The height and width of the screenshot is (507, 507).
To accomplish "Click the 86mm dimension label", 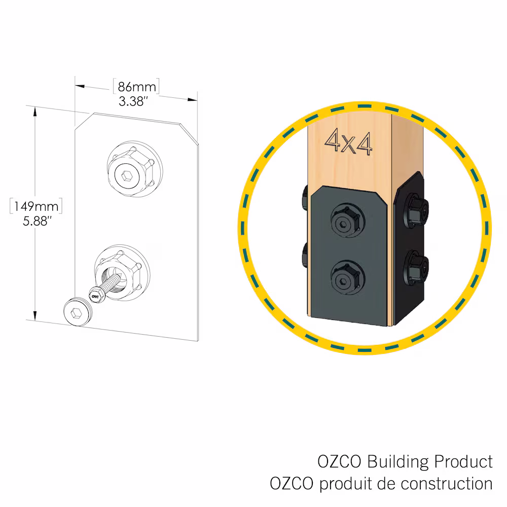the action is [136, 87].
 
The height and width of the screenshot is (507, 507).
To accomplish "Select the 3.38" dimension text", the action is [133, 101].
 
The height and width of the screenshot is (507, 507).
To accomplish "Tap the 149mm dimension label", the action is [36, 206].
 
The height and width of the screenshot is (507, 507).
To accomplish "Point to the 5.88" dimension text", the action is [37, 221].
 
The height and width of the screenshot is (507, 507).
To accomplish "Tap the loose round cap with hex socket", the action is [78, 311].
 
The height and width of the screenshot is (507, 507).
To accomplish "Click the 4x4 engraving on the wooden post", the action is [349, 142].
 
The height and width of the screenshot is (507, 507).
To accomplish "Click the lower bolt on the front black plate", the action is [348, 277].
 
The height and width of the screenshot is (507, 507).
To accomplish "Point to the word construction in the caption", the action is [447, 484].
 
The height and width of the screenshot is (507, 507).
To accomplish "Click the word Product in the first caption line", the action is [463, 461].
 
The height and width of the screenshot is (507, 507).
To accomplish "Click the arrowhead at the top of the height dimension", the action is [35, 112].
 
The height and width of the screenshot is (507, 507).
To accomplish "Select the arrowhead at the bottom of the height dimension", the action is [35, 315].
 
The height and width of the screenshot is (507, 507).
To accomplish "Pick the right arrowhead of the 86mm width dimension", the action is [192, 99].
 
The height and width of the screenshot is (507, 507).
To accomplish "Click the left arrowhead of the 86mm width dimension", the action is [80, 86].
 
